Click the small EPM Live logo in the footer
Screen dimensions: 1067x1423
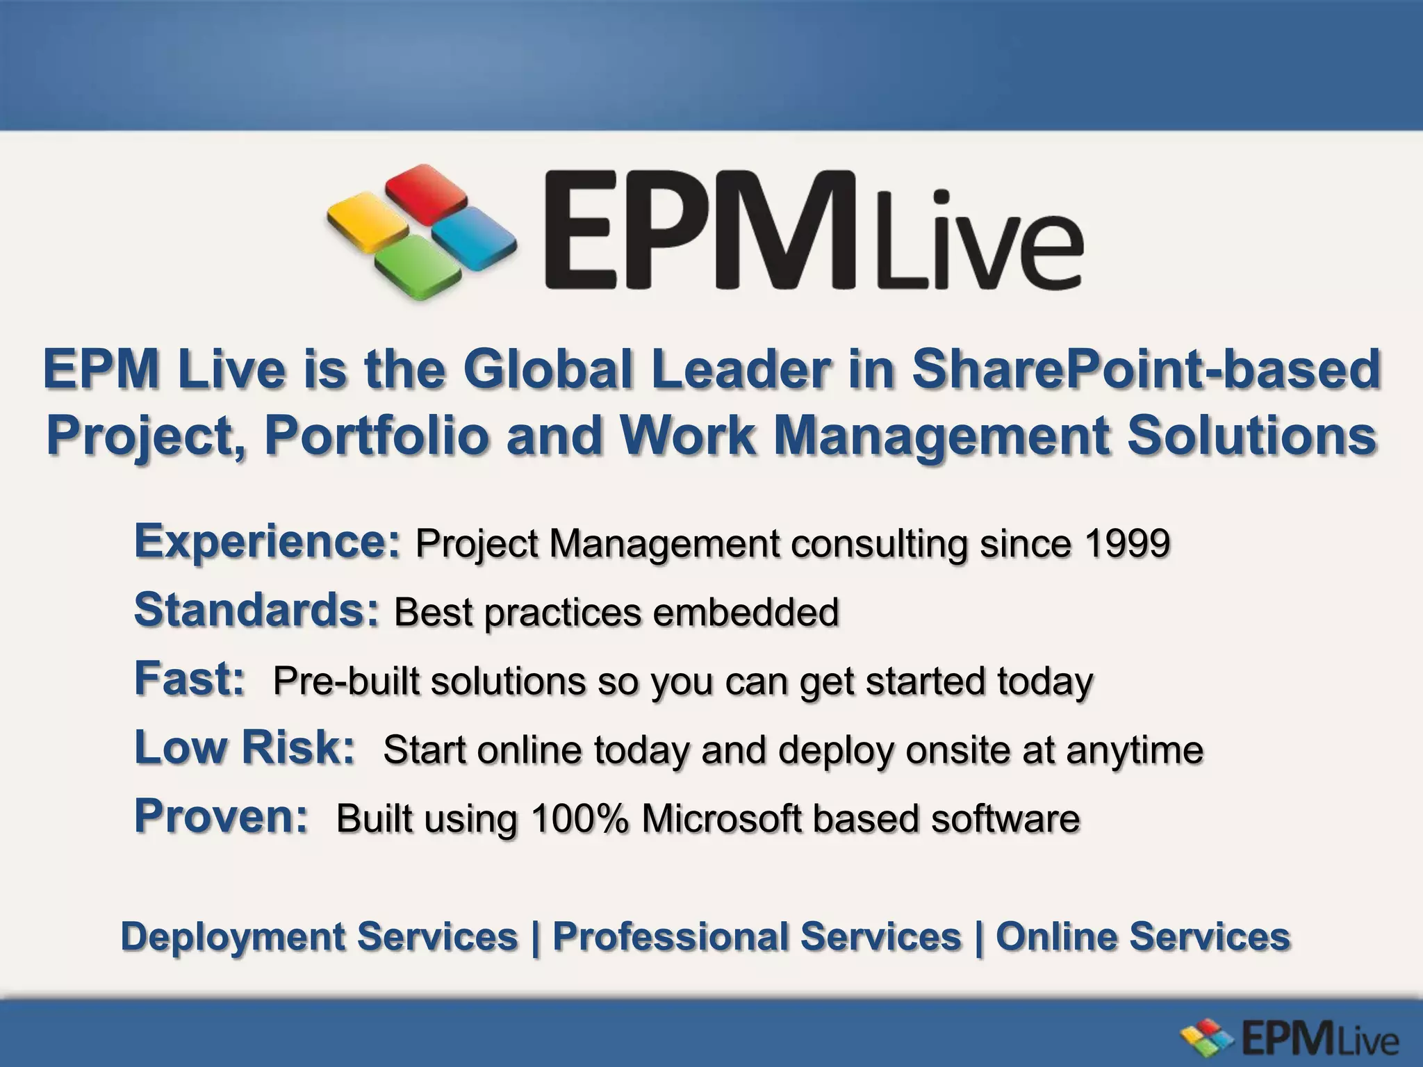(x=1290, y=1040)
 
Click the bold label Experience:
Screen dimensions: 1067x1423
(x=268, y=541)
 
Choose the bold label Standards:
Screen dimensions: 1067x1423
(x=257, y=610)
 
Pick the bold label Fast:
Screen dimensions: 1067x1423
(x=189, y=679)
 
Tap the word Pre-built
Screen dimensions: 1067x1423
(x=346, y=681)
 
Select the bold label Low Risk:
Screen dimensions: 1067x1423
(x=245, y=747)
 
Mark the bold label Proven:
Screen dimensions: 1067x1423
(x=221, y=816)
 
